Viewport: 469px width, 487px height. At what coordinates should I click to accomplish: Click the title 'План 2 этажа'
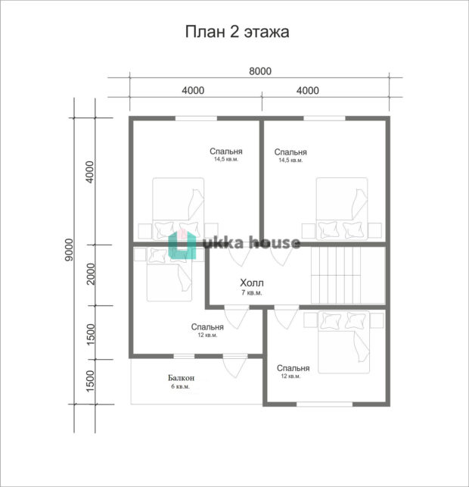pos(238,32)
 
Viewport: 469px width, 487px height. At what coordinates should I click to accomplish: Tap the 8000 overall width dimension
pos(260,71)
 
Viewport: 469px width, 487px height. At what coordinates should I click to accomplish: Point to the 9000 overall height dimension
pos(69,250)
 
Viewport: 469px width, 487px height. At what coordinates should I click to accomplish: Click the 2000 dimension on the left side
pos(91,274)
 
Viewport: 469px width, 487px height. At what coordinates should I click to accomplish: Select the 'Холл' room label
pos(252,283)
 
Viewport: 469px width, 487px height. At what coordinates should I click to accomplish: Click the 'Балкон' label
pos(181,378)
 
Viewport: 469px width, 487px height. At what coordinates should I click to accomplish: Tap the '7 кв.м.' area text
pos(252,292)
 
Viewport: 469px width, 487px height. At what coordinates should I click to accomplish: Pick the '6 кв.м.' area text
pos(180,387)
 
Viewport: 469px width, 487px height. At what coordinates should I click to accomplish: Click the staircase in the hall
pos(348,275)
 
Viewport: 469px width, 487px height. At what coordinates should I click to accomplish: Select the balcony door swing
pos(235,366)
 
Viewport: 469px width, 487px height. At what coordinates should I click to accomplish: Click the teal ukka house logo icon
pos(182,245)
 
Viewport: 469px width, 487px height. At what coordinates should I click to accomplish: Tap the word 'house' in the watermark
pos(275,242)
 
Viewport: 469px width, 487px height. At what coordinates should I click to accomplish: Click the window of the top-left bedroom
pos(196,118)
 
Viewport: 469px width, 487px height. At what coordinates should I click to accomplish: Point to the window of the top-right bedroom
pos(325,118)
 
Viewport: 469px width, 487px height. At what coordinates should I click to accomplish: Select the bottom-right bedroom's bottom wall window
pos(325,404)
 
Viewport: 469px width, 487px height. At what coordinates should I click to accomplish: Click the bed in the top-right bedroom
pos(342,208)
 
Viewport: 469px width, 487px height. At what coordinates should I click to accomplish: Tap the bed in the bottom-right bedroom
pos(343,342)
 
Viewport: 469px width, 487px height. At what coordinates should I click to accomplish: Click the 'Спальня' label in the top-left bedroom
pos(226,151)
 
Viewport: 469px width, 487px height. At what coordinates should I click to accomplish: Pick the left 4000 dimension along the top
pos(193,90)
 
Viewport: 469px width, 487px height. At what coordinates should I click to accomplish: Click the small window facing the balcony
pos(184,356)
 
